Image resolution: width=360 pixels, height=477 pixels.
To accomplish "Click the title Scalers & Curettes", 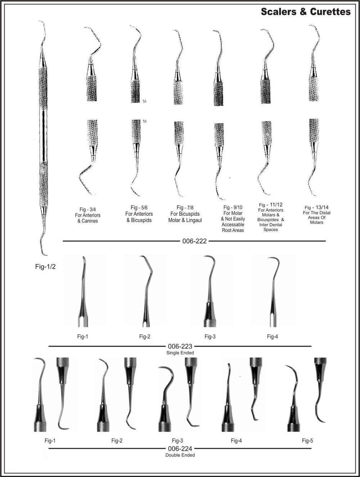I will [x=305, y=12].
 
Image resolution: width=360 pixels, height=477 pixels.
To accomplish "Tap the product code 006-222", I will [x=194, y=241].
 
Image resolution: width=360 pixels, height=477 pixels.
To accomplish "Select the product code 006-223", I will [x=180, y=346].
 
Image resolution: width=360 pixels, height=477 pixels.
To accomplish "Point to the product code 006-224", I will [x=180, y=449].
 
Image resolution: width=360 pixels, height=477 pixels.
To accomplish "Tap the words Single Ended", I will [x=180, y=353].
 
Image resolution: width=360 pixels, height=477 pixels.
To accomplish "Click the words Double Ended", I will [x=180, y=455].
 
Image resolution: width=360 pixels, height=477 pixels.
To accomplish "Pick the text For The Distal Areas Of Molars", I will [x=316, y=218].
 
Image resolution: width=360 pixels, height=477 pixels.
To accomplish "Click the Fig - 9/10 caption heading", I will [x=233, y=208].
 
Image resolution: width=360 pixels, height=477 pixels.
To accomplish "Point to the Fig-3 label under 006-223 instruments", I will [x=210, y=337].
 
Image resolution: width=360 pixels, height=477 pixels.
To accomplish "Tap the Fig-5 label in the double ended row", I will [x=307, y=441].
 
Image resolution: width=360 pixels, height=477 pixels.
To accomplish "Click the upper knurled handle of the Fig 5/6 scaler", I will [x=135, y=91].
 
